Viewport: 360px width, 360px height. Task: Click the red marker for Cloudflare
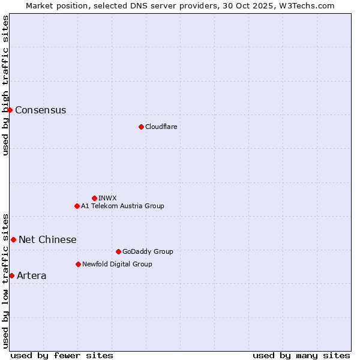click(141, 127)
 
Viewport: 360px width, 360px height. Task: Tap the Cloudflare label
click(161, 127)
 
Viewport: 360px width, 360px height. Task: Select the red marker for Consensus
click(10, 110)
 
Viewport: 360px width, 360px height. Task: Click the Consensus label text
click(40, 110)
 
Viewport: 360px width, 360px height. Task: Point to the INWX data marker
click(94, 198)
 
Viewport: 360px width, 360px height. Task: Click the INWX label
click(107, 198)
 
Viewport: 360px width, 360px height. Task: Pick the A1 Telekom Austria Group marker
click(77, 206)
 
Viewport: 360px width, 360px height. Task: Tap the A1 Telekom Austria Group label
click(122, 206)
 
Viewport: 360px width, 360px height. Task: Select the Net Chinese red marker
click(13, 239)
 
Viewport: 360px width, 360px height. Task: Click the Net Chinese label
click(47, 240)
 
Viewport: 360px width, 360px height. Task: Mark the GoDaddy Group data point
click(118, 251)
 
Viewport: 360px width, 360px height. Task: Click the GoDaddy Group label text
click(147, 251)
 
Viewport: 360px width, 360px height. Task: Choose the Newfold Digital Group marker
click(78, 264)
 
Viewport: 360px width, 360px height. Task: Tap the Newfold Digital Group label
click(117, 264)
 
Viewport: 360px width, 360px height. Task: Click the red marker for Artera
click(11, 275)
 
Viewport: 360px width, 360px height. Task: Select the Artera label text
click(31, 276)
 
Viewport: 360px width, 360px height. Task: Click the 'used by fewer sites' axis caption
click(62, 355)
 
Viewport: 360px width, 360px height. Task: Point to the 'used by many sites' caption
click(301, 355)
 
